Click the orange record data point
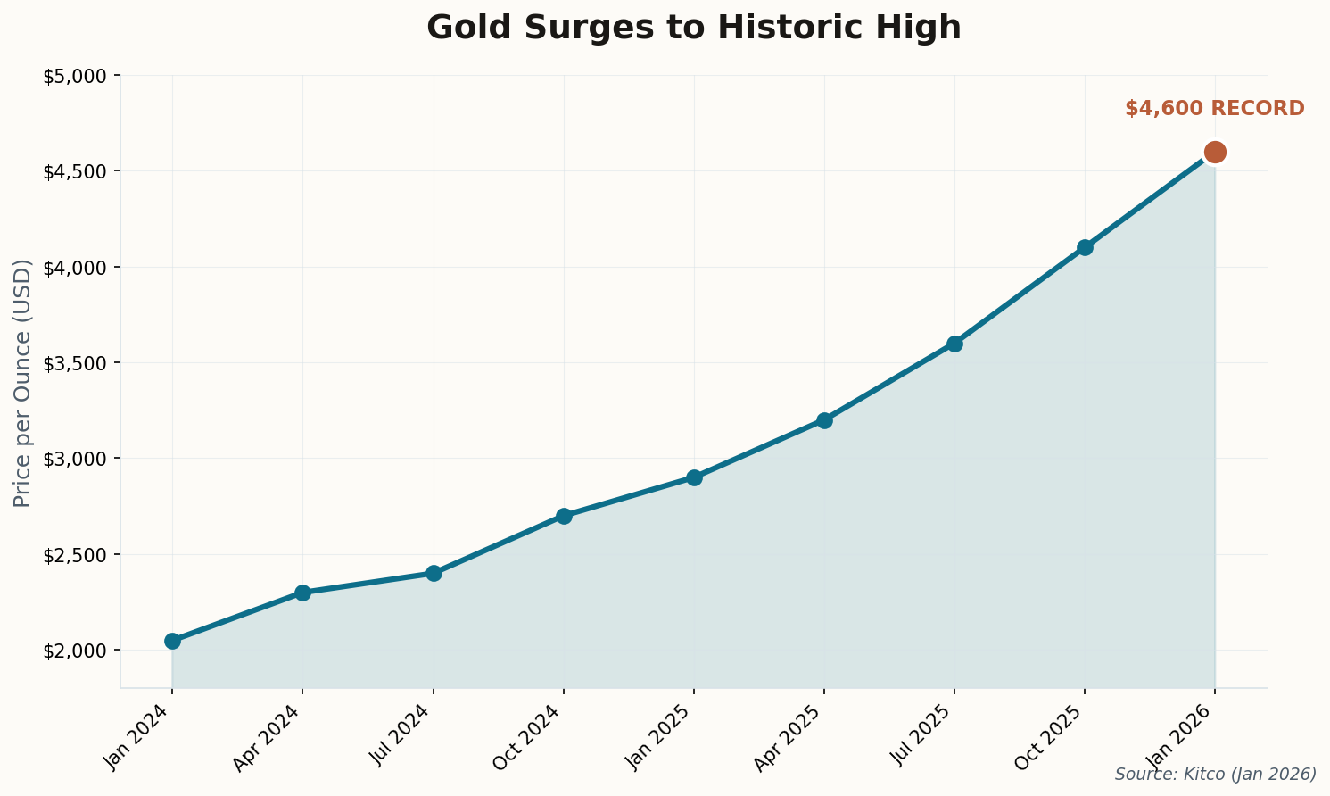coord(1214,152)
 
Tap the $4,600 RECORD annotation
coord(1214,109)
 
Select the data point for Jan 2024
coord(172,641)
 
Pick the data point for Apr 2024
coord(302,593)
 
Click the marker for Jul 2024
coord(434,573)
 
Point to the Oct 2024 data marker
coord(564,516)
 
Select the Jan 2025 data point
coord(694,477)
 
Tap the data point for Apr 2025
coord(824,420)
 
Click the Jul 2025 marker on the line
coord(954,344)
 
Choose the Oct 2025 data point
coord(1085,247)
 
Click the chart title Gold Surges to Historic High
coord(693,28)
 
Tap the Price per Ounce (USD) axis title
coord(23,383)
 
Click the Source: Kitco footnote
coord(1215,774)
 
